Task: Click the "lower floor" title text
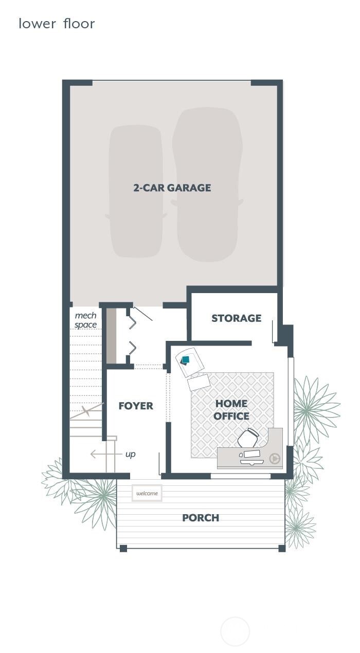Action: click(57, 24)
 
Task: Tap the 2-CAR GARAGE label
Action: click(172, 188)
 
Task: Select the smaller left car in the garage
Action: click(136, 191)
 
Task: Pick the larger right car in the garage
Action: click(207, 184)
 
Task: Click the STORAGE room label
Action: click(236, 318)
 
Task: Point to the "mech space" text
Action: click(85, 320)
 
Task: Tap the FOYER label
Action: click(136, 406)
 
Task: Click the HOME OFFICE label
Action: click(231, 410)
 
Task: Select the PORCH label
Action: click(201, 518)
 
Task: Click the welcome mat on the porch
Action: click(147, 493)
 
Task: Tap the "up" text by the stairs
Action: click(131, 455)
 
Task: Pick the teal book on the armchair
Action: click(186, 359)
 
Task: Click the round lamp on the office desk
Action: click(274, 456)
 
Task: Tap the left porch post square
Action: click(123, 548)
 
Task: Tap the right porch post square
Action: click(282, 548)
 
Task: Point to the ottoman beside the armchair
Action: click(199, 382)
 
